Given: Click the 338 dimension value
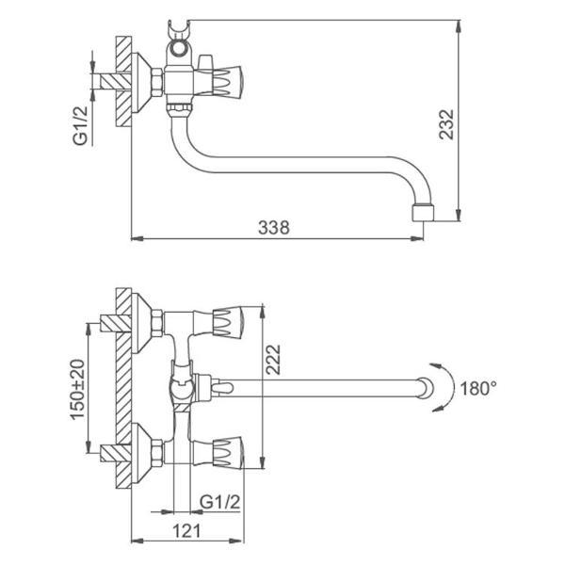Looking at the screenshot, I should pyautogui.click(x=273, y=226).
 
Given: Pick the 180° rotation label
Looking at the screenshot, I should pyautogui.click(x=478, y=387).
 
